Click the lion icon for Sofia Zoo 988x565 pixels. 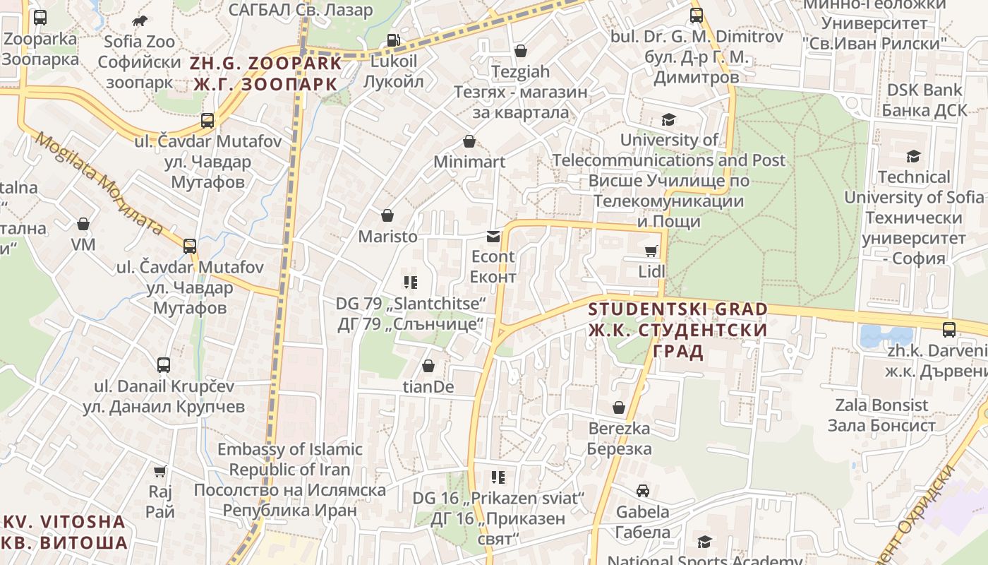[x=140, y=20]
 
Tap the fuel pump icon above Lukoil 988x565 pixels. [x=394, y=40]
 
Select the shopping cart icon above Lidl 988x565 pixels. [x=651, y=251]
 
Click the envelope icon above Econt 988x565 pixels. [x=493, y=237]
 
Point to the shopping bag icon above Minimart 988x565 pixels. [x=469, y=142]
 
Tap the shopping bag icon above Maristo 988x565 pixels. [x=387, y=215]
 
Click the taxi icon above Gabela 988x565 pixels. [x=642, y=490]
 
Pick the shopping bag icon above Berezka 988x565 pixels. [x=618, y=408]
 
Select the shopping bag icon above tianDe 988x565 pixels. [x=428, y=366]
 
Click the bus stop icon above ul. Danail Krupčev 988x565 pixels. [x=164, y=365]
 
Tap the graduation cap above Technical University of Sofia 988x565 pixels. [x=913, y=156]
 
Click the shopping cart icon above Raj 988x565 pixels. [x=160, y=471]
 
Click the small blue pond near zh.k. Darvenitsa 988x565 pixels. [x=886, y=336]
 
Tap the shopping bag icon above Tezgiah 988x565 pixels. [x=520, y=51]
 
